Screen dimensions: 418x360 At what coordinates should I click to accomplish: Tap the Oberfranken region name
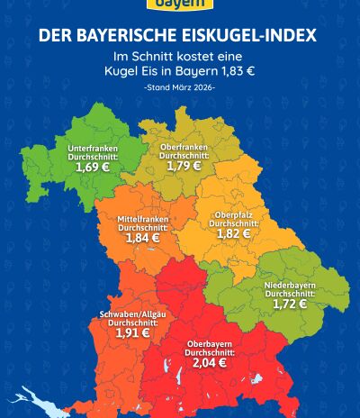click(x=184, y=146)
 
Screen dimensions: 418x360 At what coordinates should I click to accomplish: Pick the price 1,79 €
click(x=184, y=166)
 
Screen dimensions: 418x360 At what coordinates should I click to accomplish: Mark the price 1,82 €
click(x=233, y=233)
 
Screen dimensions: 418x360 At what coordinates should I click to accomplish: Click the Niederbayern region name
click(x=289, y=286)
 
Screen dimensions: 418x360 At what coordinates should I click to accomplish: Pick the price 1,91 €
click(x=132, y=332)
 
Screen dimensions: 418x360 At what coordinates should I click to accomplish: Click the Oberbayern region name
click(x=210, y=344)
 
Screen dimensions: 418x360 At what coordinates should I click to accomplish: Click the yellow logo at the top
click(x=180, y=5)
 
